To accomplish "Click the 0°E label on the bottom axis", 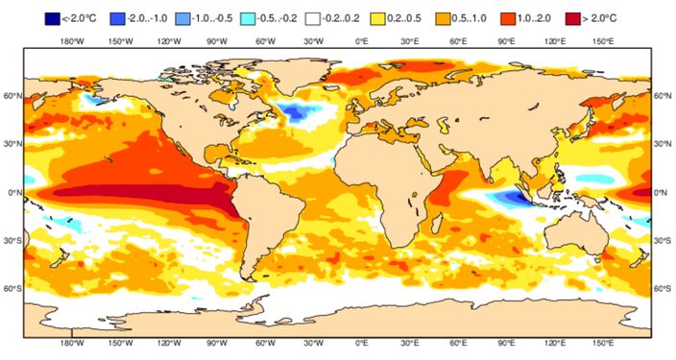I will coord(362,343).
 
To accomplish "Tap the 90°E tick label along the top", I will coord(506,41).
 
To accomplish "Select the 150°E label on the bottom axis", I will coord(603,343).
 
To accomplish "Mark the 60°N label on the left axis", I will coord(13,96).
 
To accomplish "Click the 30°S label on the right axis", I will coord(663,240).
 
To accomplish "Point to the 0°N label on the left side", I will coord(13,192).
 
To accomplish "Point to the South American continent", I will coord(274,221).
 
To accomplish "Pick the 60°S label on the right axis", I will coord(663,288).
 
